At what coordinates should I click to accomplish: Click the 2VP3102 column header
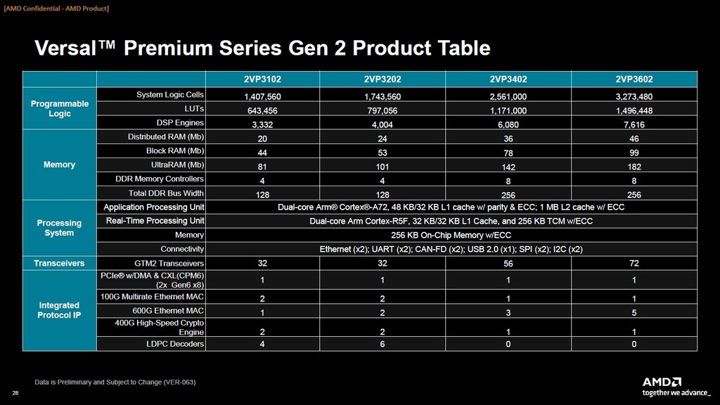262,79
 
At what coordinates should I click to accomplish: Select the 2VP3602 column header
634,79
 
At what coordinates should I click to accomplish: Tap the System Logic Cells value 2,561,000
509,97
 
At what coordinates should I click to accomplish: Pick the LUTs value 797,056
382,111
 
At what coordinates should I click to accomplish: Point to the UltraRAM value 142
509,167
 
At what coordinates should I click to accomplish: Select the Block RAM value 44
262,153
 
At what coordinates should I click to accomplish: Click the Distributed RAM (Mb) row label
166,136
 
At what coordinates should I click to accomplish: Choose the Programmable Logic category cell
60,108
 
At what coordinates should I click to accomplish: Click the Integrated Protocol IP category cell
60,310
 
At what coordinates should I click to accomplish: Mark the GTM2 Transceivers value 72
634,264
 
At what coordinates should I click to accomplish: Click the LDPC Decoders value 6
382,345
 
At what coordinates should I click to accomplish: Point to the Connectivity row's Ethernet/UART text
451,250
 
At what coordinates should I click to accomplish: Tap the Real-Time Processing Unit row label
155,221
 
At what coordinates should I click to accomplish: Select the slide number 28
15,392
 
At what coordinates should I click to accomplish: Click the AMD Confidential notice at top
56,8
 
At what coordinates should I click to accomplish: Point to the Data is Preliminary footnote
115,382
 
